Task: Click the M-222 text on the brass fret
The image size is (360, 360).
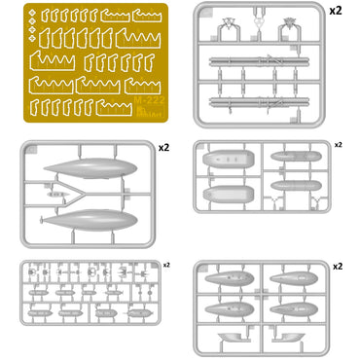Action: point(143,102)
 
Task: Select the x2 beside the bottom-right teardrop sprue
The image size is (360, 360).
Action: point(337,265)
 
